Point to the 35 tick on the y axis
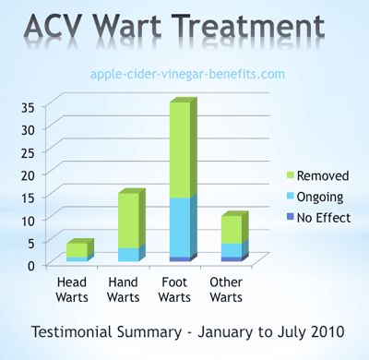pyautogui.click(x=27, y=106)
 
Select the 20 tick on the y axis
pyautogui.click(x=27, y=174)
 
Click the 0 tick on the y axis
pyautogui.click(x=30, y=265)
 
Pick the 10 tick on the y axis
pyautogui.click(x=27, y=220)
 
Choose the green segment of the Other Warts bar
pyautogui.click(x=231, y=229)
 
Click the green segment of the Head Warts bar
pyautogui.click(x=77, y=250)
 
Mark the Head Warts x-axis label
pyautogui.click(x=73, y=289)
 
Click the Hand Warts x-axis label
pyautogui.click(x=124, y=289)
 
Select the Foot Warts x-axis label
pyautogui.click(x=176, y=289)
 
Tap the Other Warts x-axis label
pyautogui.click(x=227, y=289)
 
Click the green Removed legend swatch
pyautogui.click(x=290, y=175)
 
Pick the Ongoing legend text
pyautogui.click(x=321, y=197)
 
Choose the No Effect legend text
pyautogui.click(x=325, y=219)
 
